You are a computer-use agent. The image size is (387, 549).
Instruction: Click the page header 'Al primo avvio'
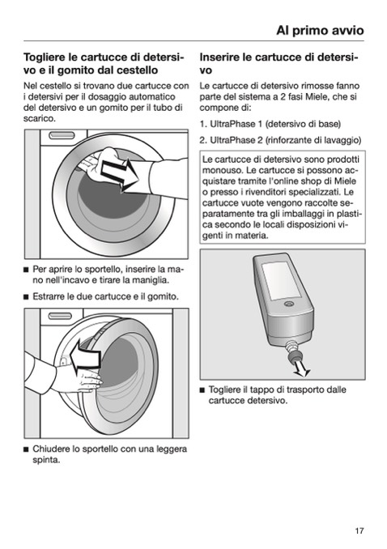(x=320, y=31)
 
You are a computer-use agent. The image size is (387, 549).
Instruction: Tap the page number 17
(x=359, y=531)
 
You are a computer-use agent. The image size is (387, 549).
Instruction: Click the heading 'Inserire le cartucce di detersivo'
(x=279, y=63)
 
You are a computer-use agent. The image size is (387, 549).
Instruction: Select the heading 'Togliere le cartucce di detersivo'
(x=104, y=63)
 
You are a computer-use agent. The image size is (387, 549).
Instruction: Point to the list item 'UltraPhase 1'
(x=270, y=124)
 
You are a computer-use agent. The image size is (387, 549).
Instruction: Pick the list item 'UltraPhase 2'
(x=280, y=140)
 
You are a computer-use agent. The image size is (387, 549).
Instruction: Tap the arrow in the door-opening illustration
(x=120, y=175)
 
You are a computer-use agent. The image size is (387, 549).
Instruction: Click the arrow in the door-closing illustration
(x=85, y=357)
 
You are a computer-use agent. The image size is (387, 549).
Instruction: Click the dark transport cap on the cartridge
(x=294, y=356)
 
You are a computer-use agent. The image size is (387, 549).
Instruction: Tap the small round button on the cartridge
(x=289, y=304)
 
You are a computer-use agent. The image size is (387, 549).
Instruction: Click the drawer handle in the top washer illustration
(x=62, y=135)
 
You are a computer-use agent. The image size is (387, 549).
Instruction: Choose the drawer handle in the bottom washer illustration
(x=60, y=316)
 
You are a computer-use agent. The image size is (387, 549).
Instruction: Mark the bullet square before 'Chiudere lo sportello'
(x=26, y=449)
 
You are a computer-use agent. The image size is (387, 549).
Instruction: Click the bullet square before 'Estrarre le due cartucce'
(x=26, y=297)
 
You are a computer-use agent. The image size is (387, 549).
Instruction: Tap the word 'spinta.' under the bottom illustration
(x=46, y=460)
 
